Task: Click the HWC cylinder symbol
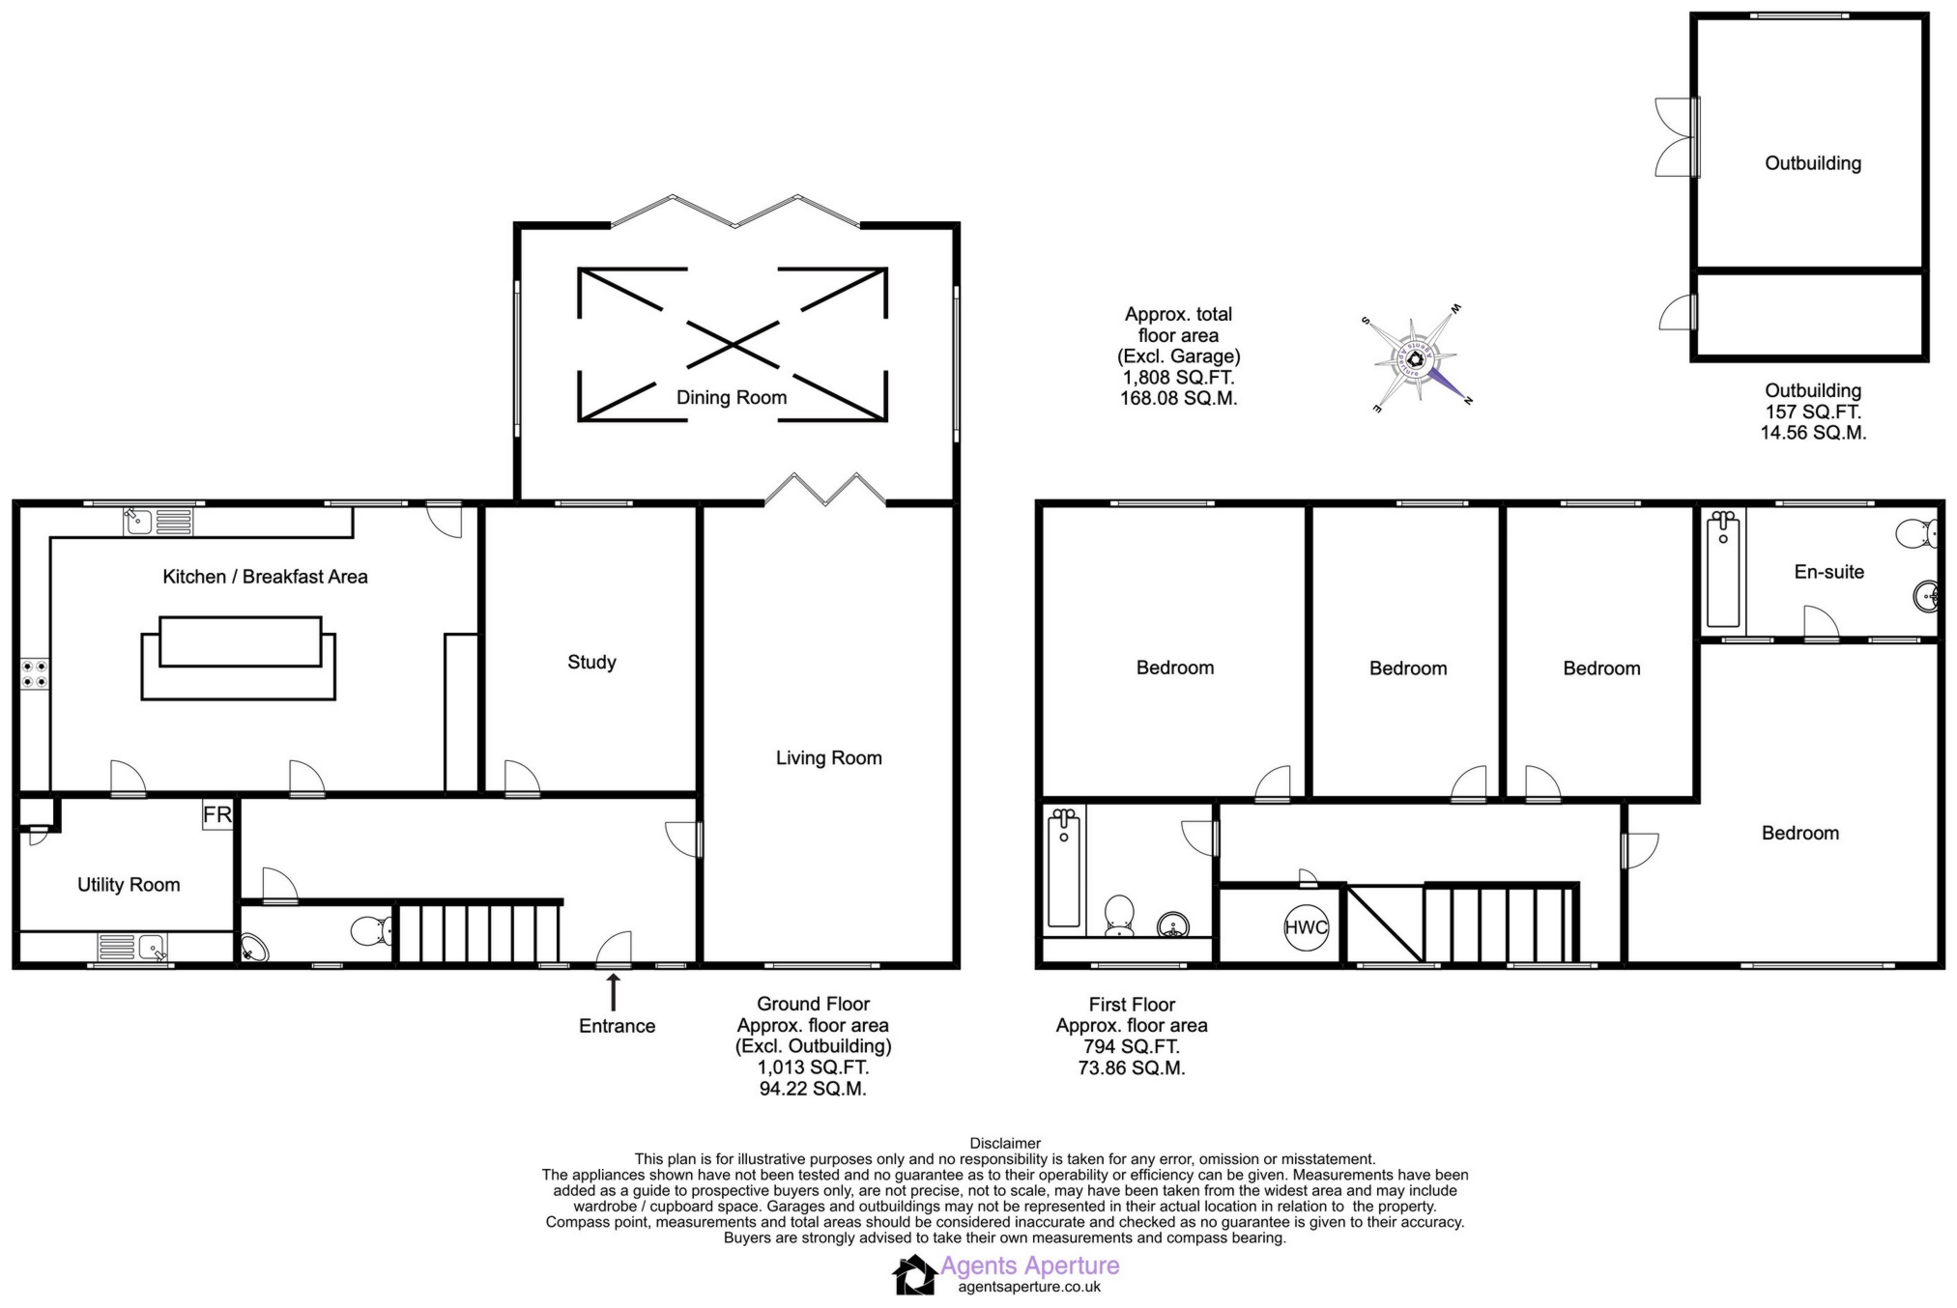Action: (x=1306, y=927)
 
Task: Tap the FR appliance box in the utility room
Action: (x=217, y=814)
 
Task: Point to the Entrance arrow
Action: (x=613, y=992)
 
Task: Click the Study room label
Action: (x=591, y=662)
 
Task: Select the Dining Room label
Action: (x=732, y=397)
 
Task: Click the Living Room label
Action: (x=829, y=758)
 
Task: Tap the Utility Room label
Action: (x=129, y=885)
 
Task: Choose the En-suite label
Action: (x=1829, y=572)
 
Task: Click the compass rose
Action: (x=1417, y=358)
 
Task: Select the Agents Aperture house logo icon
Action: (x=914, y=1274)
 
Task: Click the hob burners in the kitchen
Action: (x=35, y=673)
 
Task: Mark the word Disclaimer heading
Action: (x=1005, y=1144)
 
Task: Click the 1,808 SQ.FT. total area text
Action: (x=1178, y=378)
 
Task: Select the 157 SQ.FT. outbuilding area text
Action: (x=1813, y=412)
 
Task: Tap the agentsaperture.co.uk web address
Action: (x=1029, y=1287)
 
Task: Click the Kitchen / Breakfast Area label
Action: (x=265, y=577)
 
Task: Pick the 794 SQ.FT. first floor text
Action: (x=1132, y=1046)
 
